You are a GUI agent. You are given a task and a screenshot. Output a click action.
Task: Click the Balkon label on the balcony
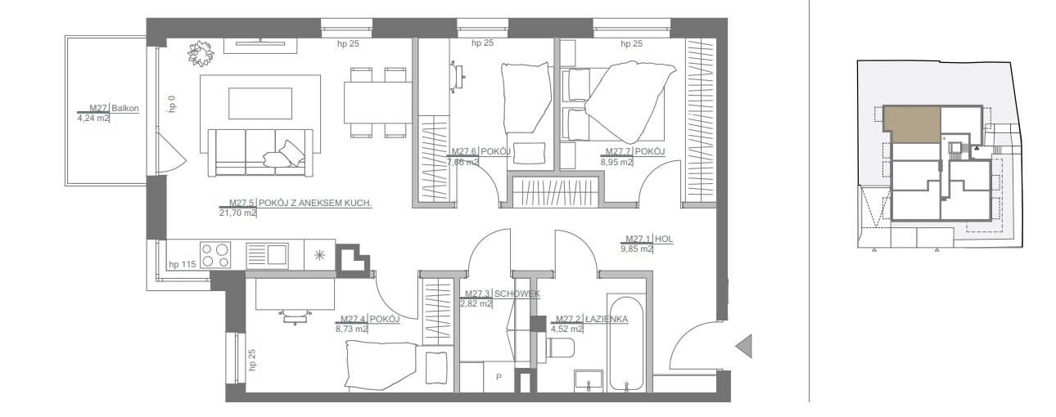(125, 108)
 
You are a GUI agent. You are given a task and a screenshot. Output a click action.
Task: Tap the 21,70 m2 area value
(237, 213)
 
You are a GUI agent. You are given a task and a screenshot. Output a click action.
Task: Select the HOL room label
(664, 239)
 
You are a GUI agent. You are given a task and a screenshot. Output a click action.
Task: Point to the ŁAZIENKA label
(607, 319)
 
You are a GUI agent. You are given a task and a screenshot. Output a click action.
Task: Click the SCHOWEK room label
(517, 294)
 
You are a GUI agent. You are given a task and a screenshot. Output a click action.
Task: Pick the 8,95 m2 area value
(616, 162)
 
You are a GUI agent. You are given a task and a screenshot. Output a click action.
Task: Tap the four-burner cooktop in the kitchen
(215, 254)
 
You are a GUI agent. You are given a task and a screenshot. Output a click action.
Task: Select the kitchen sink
(268, 256)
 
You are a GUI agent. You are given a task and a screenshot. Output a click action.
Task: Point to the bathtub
(626, 343)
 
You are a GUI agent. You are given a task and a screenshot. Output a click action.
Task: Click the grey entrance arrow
(744, 346)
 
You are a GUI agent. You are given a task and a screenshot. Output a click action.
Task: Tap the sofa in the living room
(260, 153)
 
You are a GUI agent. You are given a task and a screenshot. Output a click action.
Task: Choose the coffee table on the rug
(260, 103)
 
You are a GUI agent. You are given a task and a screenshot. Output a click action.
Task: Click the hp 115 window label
(182, 264)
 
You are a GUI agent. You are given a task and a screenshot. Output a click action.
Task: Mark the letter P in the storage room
(499, 377)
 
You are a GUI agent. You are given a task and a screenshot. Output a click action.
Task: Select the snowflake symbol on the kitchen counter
(319, 255)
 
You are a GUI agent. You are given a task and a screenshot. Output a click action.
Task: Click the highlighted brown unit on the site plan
(911, 124)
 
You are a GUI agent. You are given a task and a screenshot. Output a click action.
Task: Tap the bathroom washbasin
(589, 380)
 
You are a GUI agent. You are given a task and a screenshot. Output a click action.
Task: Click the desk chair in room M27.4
(295, 316)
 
